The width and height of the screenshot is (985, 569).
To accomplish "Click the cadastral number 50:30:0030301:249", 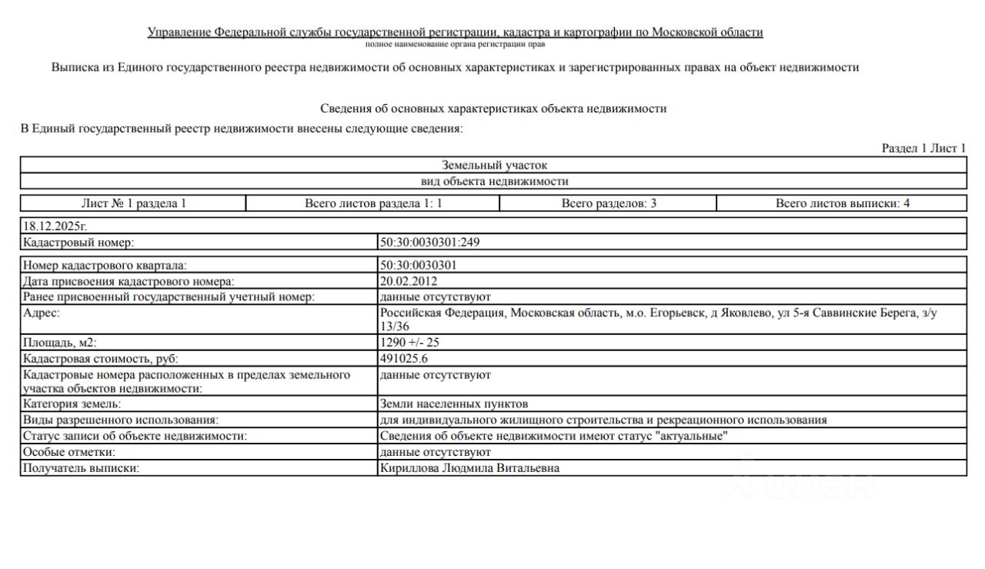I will pos(431,243).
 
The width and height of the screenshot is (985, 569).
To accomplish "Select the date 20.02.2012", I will pos(408,281).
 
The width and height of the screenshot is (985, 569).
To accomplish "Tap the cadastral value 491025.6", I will pos(404,359).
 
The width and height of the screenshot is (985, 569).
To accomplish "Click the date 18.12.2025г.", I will pos(55,226).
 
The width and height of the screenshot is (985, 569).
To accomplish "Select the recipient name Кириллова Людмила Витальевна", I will pos(469,468).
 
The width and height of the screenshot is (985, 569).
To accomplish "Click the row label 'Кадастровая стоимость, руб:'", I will pos(105,359).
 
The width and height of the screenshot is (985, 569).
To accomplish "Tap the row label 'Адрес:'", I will pos(42,313).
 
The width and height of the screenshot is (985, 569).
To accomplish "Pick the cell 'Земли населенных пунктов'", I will pos(454,404).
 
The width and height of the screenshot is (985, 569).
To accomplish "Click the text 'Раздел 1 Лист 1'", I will pos(923,149).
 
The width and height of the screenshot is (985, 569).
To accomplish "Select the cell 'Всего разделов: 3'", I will pos(608,204).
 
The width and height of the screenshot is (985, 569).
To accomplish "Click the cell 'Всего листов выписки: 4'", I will pos(842,204).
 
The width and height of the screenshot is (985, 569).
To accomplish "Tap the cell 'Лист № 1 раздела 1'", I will pos(133,204).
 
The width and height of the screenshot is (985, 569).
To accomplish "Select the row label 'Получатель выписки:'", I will pos(81,468).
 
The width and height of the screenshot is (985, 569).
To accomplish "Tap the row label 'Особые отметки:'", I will pos(69,452).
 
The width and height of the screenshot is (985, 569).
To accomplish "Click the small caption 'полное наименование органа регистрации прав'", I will pos(456,45).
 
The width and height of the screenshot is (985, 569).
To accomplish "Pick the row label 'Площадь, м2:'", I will pos(60,343).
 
